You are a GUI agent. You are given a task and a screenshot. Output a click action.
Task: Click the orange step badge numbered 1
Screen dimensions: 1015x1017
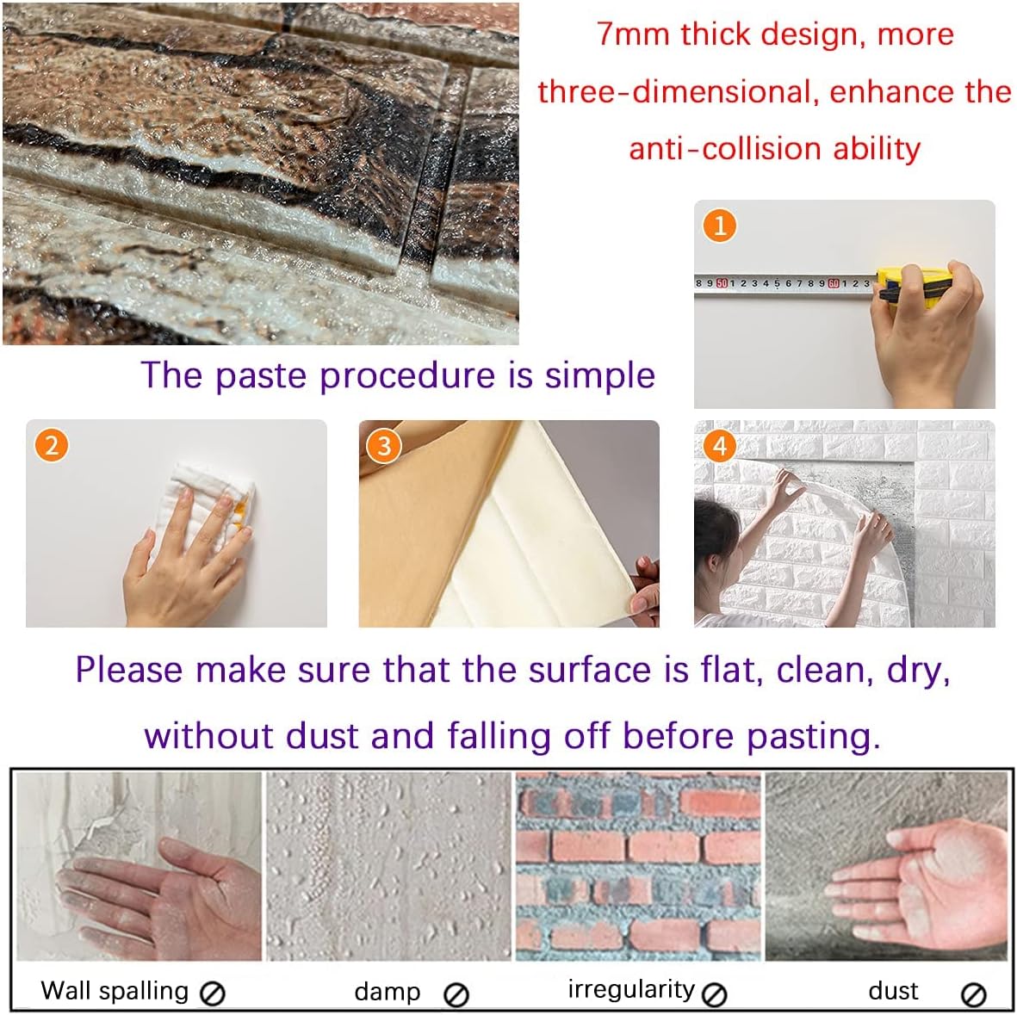click(x=720, y=226)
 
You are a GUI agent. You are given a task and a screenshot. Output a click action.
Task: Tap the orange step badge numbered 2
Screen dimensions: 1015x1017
click(x=52, y=445)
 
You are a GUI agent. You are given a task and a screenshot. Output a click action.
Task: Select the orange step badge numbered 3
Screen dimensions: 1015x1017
click(x=384, y=445)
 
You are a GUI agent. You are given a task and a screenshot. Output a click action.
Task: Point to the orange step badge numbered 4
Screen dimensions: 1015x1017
click(x=720, y=445)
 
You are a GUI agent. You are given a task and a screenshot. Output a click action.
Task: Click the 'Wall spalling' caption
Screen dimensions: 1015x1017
click(x=115, y=991)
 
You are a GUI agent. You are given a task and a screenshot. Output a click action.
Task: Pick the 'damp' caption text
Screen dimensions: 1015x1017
click(x=387, y=992)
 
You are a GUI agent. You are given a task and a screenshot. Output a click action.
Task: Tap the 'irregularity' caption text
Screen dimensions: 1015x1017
click(x=630, y=990)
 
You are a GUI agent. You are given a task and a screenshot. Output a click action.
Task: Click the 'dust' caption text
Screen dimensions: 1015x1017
click(x=893, y=992)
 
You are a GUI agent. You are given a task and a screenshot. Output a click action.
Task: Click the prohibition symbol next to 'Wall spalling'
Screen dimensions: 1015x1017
click(x=212, y=994)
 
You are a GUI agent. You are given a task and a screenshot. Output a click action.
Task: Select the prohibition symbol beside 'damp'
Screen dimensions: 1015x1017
click(x=456, y=995)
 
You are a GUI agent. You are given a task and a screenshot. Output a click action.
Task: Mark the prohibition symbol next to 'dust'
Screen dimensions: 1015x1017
click(x=973, y=995)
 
